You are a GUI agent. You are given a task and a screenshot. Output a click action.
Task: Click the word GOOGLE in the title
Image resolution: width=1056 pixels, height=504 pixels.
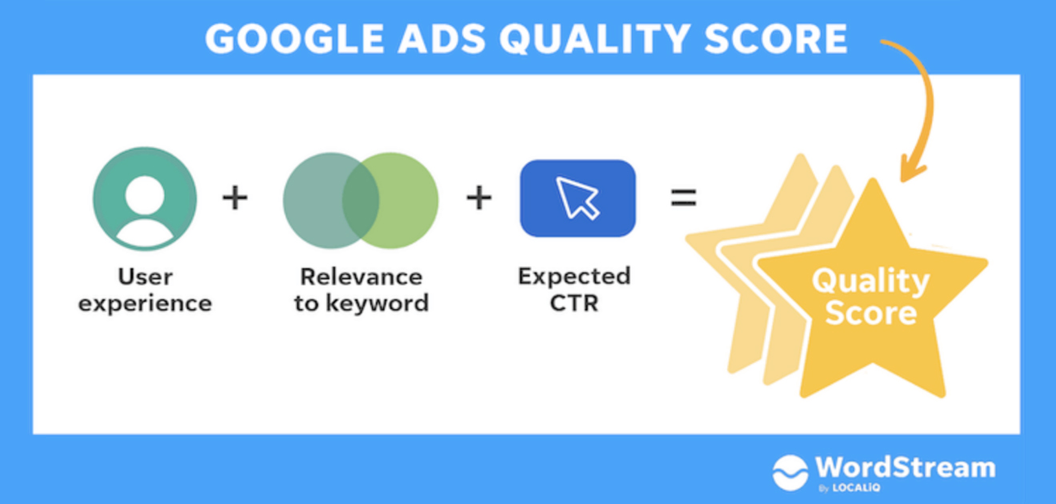click(x=295, y=38)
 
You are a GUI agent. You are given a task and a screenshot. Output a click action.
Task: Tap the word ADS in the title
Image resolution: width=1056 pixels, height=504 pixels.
click(x=442, y=38)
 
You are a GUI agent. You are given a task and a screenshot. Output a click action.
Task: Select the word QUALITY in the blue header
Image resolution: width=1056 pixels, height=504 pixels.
click(x=595, y=38)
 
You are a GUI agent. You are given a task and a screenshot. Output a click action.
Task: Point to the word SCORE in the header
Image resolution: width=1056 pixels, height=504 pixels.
click(x=776, y=38)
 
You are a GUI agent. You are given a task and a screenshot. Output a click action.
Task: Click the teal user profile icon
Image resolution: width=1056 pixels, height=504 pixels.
click(x=145, y=198)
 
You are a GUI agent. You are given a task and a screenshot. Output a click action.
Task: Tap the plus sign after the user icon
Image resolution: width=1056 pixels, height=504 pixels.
click(x=234, y=198)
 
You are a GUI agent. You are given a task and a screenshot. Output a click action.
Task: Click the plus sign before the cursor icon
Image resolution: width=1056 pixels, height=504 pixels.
click(x=479, y=198)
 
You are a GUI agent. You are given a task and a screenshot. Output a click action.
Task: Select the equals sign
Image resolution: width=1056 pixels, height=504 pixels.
click(x=683, y=198)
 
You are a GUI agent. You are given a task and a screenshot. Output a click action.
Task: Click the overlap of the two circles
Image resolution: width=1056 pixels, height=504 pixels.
click(x=361, y=200)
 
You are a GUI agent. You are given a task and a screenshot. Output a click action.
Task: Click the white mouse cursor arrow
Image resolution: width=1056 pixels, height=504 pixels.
click(x=577, y=198)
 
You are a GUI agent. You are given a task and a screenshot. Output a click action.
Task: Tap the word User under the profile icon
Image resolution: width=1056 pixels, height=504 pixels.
click(x=146, y=277)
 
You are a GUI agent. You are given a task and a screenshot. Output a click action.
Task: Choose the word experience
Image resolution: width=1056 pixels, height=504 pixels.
click(x=146, y=304)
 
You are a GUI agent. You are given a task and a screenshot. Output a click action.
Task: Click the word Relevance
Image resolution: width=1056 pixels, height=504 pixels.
click(x=361, y=277)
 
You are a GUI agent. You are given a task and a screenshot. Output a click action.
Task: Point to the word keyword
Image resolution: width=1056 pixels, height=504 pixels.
click(x=377, y=303)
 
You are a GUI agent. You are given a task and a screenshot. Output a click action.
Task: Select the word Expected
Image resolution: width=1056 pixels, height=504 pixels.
click(x=574, y=277)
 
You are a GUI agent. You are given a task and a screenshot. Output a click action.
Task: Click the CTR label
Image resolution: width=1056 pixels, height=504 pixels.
click(x=574, y=303)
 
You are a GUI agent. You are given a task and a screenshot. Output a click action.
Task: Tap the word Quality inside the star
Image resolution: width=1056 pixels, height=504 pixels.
click(x=870, y=282)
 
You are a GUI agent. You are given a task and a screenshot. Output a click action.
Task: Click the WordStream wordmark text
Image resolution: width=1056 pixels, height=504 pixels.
click(x=906, y=467)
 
